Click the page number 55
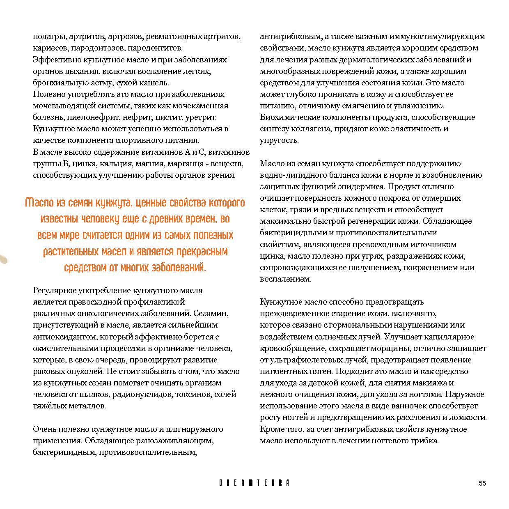pyautogui.click(x=482, y=483)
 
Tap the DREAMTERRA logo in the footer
pyautogui.click(x=254, y=483)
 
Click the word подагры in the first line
pyautogui.click(x=49, y=37)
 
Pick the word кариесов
pyautogui.click(x=48, y=48)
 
